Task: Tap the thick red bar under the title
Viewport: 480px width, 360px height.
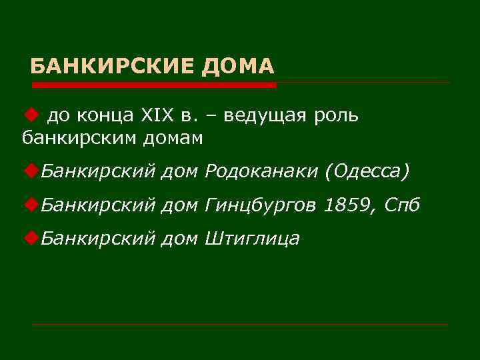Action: click(x=154, y=85)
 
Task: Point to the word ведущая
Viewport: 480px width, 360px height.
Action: click(x=265, y=116)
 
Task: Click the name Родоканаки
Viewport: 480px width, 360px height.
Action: click(x=262, y=172)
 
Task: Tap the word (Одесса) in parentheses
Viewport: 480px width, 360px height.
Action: click(x=366, y=172)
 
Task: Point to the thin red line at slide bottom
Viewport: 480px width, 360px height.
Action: click(x=240, y=325)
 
